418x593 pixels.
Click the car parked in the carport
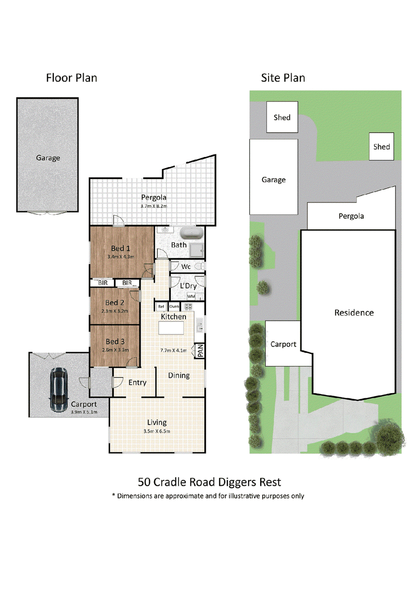[59, 389]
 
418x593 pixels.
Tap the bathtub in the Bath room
[191, 233]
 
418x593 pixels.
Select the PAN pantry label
[200, 351]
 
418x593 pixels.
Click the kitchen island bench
[171, 328]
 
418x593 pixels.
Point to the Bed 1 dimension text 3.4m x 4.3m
[121, 256]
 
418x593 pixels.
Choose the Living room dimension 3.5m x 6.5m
[157, 431]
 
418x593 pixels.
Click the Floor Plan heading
[72, 78]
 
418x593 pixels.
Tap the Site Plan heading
[283, 78]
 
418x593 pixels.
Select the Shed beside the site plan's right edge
[381, 147]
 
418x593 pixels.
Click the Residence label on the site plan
[354, 313]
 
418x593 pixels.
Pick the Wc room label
[186, 266]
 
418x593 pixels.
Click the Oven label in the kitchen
[174, 306]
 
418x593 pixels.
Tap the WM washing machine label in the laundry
[191, 296]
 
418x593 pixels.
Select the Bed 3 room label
[115, 341]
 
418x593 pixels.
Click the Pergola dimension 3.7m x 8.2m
[154, 206]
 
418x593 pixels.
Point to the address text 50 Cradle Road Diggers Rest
[209, 482]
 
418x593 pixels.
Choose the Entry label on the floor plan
[137, 383]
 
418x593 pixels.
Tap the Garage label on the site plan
[273, 180]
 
